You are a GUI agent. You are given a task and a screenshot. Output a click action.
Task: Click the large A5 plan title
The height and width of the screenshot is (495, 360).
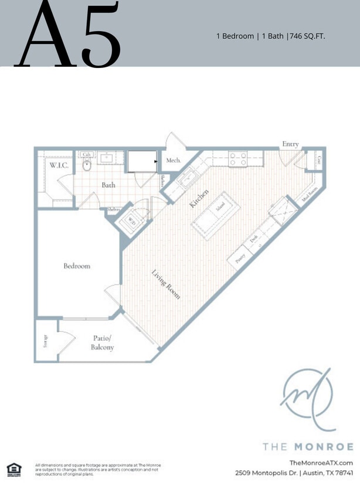tap(69, 35)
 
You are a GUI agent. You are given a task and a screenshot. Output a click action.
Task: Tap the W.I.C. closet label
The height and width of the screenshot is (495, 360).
tap(59, 166)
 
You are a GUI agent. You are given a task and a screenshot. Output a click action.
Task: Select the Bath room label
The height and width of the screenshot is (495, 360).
tap(108, 185)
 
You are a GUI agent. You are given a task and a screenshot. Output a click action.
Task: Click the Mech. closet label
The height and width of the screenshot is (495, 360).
tap(173, 160)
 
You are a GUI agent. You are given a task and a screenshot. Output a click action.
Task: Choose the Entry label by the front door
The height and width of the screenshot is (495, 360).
tap(290, 144)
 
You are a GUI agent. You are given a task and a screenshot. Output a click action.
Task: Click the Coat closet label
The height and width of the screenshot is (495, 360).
tap(318, 159)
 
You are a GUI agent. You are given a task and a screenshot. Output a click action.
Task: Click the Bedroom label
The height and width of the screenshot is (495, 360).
tap(77, 266)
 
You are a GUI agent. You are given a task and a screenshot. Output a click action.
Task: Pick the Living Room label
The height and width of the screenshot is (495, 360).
tap(166, 284)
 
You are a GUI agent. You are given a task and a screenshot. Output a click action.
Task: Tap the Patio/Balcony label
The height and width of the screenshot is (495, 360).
tap(102, 343)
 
